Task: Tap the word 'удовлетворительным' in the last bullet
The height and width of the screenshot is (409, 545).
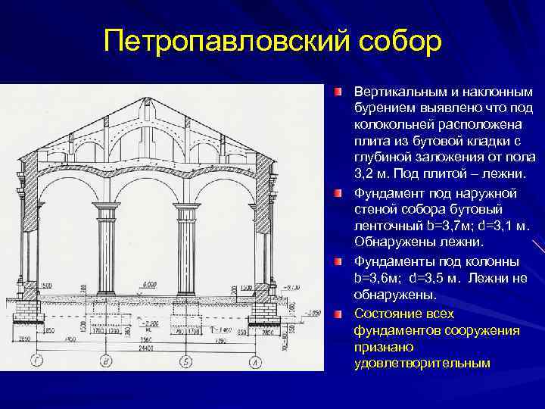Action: coord(422,364)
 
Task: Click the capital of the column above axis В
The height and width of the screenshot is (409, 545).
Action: coord(106,207)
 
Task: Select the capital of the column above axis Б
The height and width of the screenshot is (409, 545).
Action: coord(185,207)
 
